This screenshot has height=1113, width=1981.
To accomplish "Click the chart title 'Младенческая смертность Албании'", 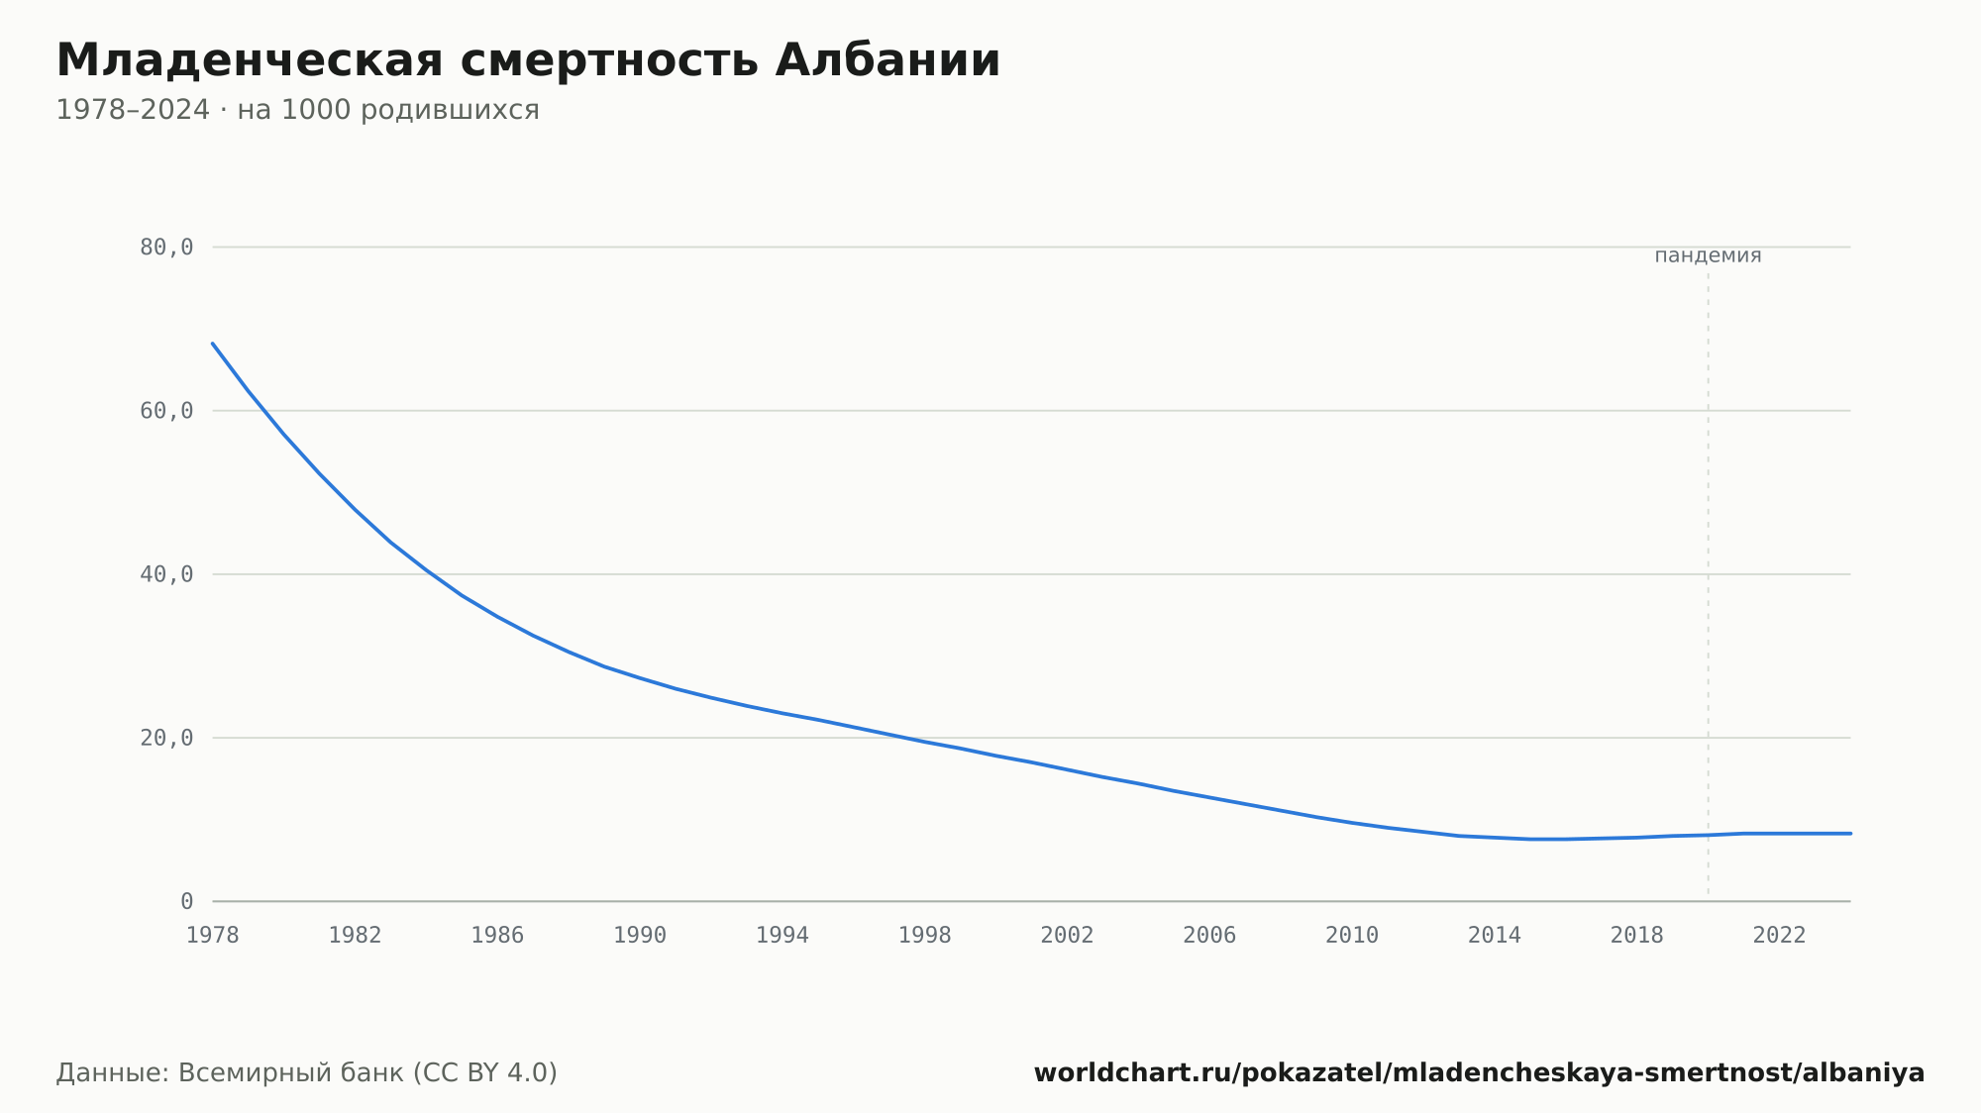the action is click(x=528, y=60).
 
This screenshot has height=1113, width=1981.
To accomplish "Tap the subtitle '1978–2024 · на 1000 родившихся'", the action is click(x=297, y=110).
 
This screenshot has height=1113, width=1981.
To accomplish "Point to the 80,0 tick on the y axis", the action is click(x=166, y=248).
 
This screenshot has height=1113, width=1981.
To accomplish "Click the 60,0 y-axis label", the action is click(x=166, y=411).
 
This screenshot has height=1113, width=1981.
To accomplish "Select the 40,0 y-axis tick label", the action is click(x=166, y=574).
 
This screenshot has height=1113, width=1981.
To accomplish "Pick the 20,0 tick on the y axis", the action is click(x=166, y=738).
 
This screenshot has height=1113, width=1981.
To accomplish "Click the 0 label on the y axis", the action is click(x=186, y=902).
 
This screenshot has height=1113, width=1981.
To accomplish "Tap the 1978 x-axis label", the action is click(x=213, y=936).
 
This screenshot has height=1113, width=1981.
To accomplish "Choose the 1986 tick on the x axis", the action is click(x=497, y=936).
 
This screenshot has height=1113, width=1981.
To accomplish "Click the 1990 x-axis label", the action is click(x=640, y=936).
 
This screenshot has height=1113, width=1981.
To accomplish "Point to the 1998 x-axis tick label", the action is click(x=925, y=936).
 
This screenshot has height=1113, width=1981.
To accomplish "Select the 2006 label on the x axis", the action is click(x=1209, y=936).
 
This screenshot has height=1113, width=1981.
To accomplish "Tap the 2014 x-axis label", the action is click(x=1495, y=936).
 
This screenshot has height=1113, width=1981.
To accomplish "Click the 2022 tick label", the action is click(x=1780, y=936).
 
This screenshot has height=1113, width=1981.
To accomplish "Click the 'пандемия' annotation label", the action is click(x=1708, y=255).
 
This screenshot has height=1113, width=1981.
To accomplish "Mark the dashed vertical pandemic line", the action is click(x=1708, y=584).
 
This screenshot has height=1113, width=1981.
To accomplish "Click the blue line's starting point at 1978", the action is click(x=213, y=344).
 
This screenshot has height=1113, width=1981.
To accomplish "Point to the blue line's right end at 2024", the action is click(x=1850, y=834).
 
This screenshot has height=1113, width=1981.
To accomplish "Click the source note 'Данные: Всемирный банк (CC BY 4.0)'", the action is click(x=307, y=1073).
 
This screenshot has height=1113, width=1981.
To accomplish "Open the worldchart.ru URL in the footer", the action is click(x=1479, y=1073).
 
